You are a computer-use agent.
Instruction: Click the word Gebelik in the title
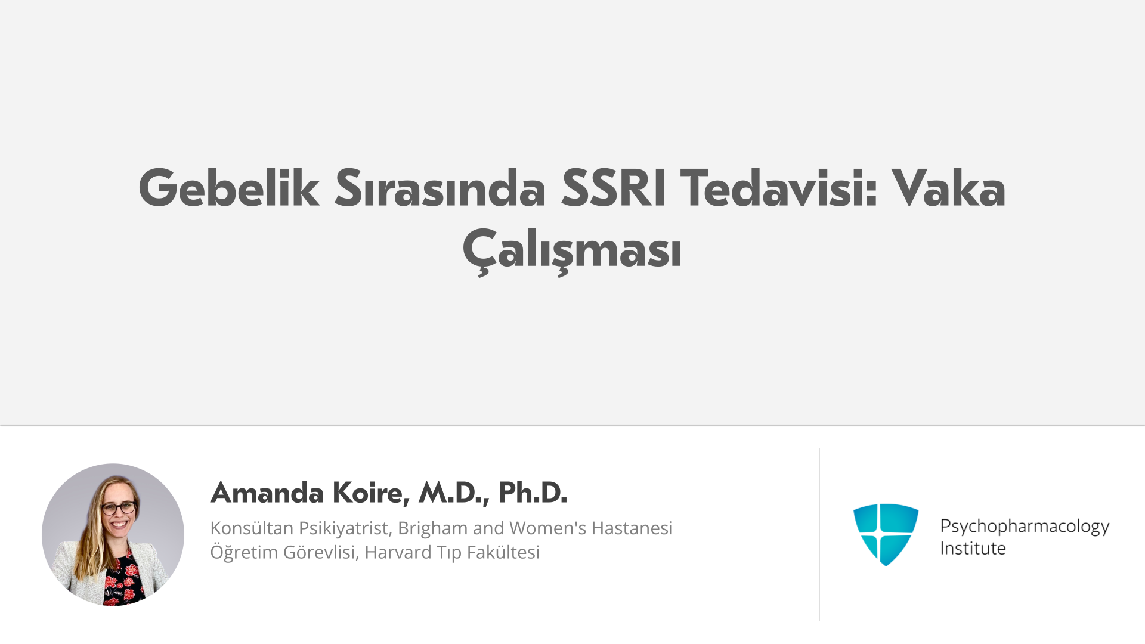229,188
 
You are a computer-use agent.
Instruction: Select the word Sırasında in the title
440,188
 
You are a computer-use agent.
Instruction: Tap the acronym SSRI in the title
613,188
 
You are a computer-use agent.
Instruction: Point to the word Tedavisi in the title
779,188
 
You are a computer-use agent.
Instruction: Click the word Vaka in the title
949,188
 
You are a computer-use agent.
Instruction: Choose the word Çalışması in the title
572,250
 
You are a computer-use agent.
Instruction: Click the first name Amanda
267,493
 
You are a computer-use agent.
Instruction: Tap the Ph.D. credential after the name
533,493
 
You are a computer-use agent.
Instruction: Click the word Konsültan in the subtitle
252,528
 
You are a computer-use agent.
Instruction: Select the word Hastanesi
632,528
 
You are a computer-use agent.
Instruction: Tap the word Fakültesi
503,553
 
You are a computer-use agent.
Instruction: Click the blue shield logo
886,534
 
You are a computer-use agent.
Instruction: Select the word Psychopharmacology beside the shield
1025,527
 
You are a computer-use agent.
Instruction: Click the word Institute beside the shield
973,549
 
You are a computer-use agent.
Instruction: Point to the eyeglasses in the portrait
119,508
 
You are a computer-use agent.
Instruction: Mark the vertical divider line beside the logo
819,535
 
